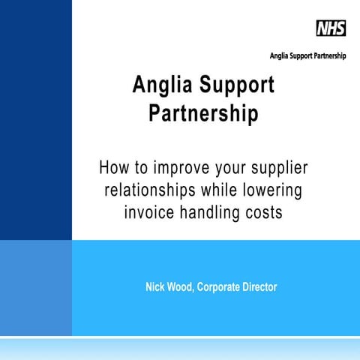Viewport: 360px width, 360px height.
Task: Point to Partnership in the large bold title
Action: [203, 115]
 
